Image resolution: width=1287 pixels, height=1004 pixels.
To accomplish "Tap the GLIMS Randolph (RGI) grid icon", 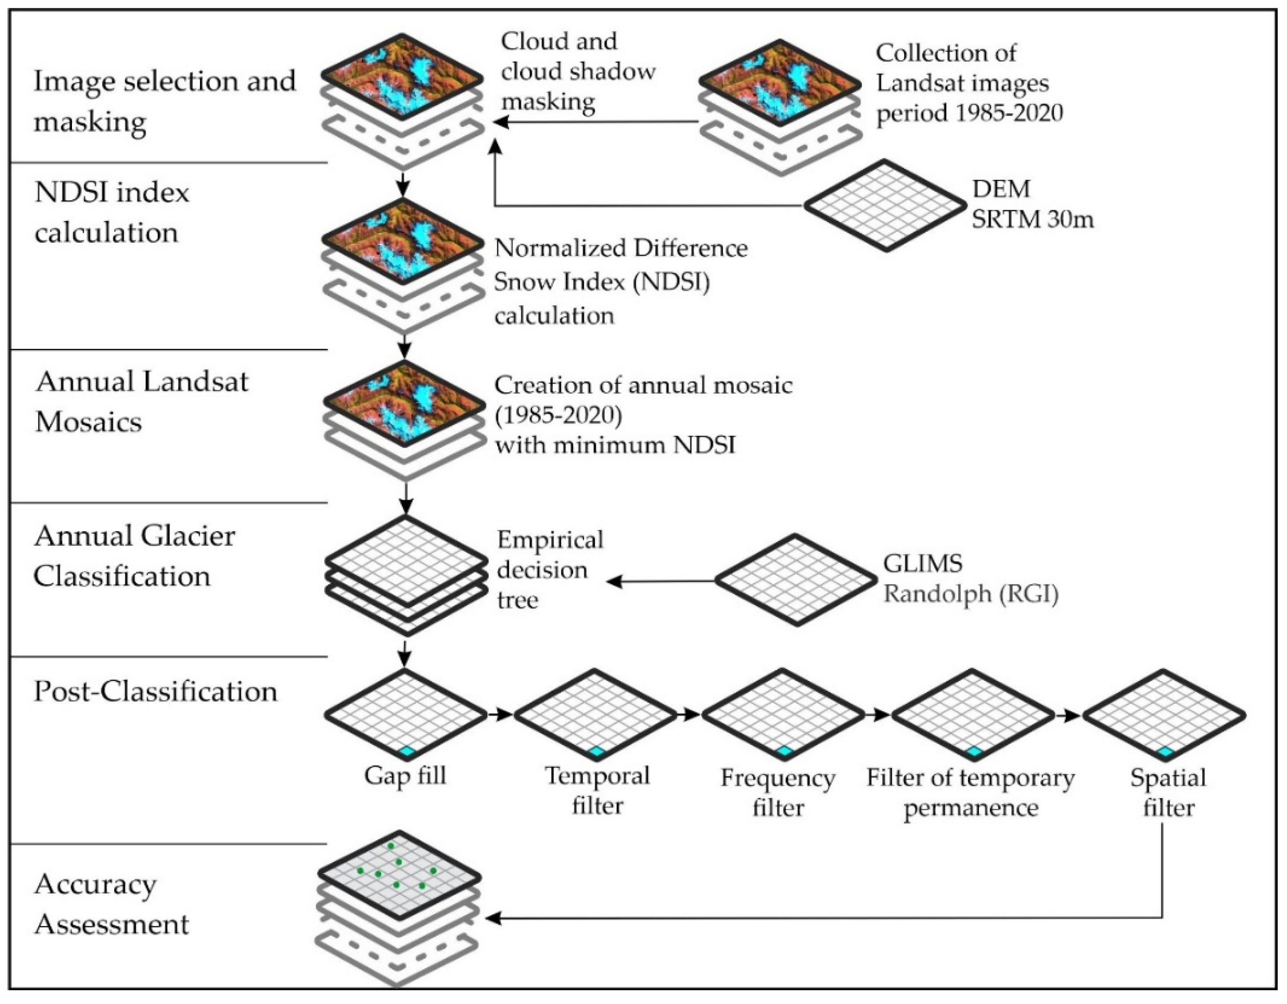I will (x=796, y=580).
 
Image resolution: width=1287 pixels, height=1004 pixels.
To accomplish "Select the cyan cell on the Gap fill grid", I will (x=406, y=751).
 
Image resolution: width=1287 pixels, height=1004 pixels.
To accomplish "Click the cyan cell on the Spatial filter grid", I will (x=1164, y=751).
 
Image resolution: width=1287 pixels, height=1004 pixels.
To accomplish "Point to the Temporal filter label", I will (x=598, y=790).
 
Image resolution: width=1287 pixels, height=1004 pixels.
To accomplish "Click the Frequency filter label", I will (x=778, y=792).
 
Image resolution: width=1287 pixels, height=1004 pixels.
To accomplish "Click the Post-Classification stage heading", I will (x=155, y=691).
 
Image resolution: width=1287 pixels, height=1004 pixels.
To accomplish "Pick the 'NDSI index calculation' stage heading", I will (x=112, y=212).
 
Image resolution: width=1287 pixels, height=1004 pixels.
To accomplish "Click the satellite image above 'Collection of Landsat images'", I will (x=780, y=81).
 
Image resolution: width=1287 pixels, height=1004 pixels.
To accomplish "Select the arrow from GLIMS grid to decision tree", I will (x=660, y=581).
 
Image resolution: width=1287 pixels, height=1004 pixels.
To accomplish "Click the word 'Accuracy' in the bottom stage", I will (x=96, y=884).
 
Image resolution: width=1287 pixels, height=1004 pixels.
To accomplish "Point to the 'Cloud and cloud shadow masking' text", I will (x=578, y=72).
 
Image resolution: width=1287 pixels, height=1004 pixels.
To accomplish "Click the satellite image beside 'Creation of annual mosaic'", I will (x=404, y=403).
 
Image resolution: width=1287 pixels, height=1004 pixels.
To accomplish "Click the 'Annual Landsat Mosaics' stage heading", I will (x=141, y=401).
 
